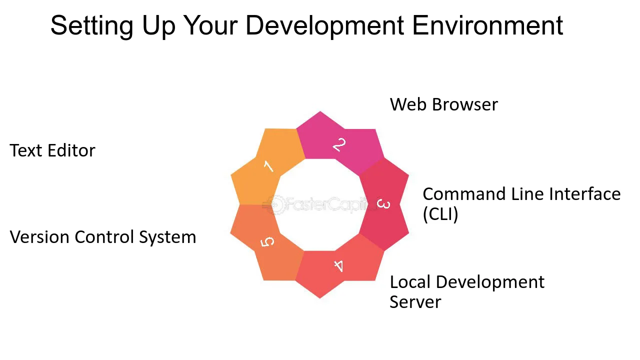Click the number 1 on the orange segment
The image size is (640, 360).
point(268,166)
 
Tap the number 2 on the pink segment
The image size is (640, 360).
point(339,145)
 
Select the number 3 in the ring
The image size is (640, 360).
point(383,204)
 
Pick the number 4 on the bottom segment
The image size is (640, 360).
point(339,265)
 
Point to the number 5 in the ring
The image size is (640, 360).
point(268,242)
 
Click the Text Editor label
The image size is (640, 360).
point(52,150)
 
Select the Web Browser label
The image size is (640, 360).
point(443,104)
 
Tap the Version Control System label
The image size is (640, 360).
point(103,236)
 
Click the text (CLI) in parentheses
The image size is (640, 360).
point(440,214)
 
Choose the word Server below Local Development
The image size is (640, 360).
point(415,302)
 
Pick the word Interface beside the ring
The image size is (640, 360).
point(585,194)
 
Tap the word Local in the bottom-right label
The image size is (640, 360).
point(410,282)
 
